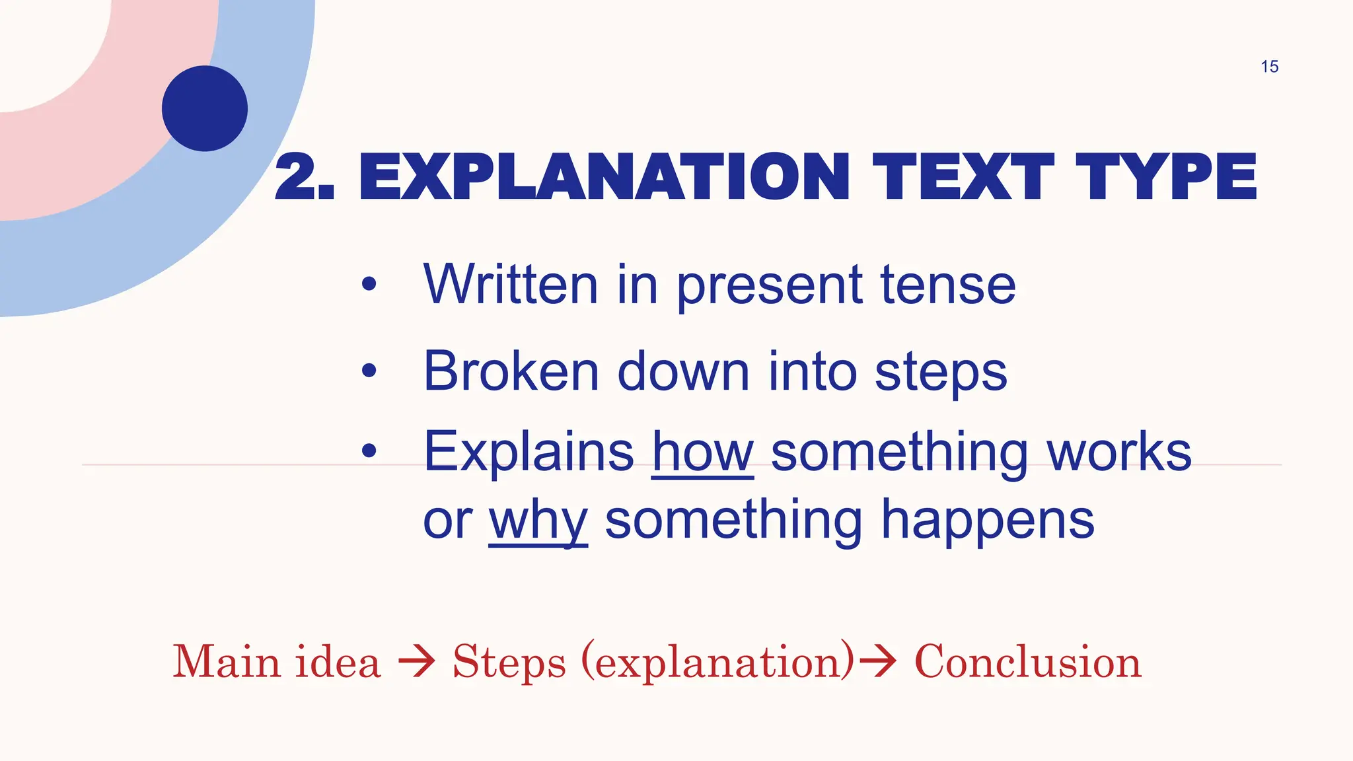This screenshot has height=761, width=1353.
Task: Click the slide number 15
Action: tap(1269, 67)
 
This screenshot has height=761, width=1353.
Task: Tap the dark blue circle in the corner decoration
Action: tap(205, 108)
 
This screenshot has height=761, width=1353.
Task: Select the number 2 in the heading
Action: tap(296, 176)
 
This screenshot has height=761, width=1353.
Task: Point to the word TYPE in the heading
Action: tap(1166, 176)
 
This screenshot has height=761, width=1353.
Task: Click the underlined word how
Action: tap(702, 453)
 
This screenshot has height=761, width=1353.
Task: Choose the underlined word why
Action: tap(538, 522)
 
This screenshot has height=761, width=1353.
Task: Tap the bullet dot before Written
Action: tap(369, 285)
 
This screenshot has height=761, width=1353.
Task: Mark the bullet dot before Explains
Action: tap(369, 451)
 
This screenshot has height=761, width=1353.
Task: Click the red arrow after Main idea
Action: tap(417, 661)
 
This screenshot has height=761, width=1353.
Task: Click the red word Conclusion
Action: tap(1027, 661)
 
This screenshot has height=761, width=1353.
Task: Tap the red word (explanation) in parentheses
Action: tap(718, 661)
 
